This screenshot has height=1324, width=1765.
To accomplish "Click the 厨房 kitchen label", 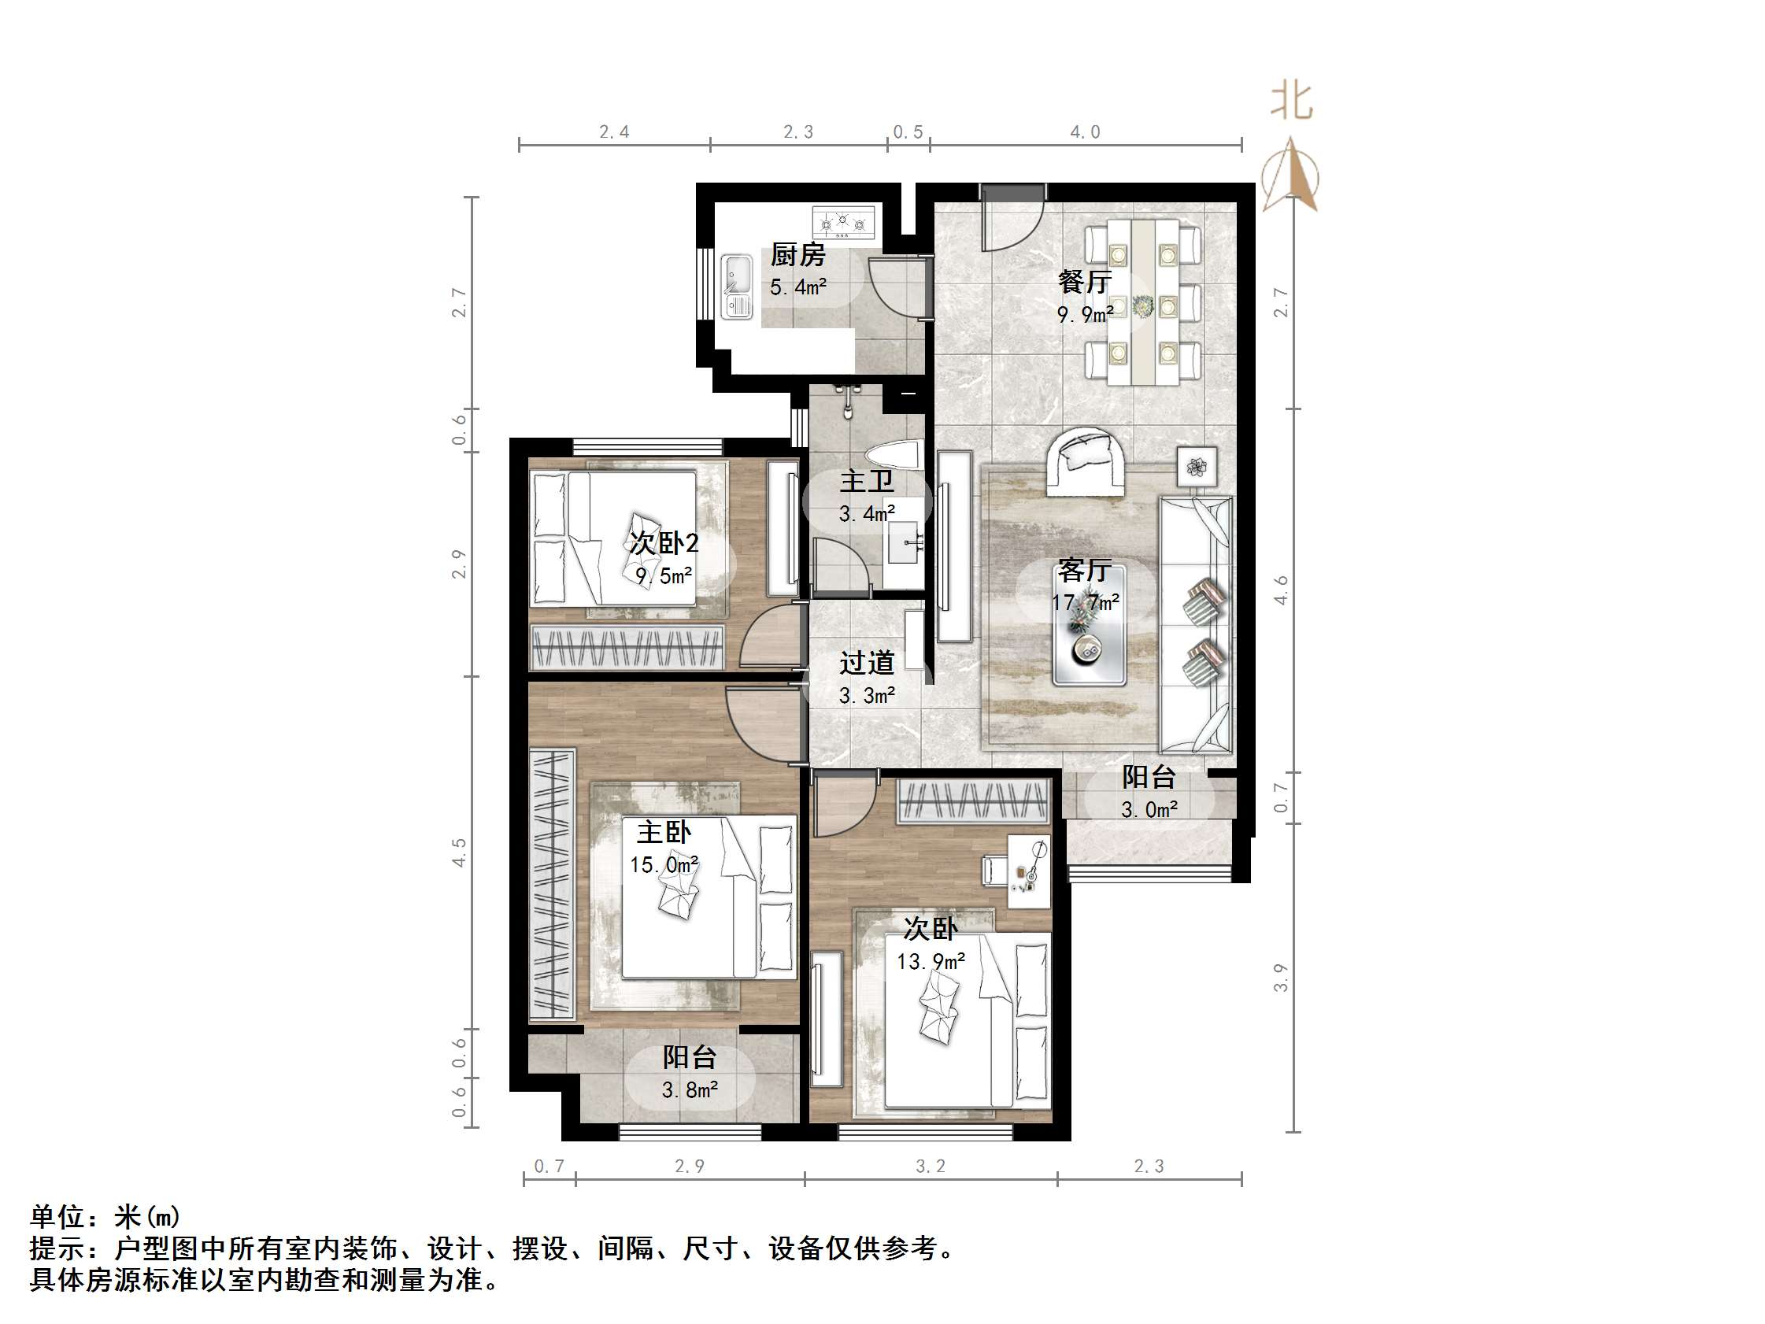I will coord(797,255).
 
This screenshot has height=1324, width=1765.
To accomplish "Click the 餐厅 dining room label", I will coord(1084,282).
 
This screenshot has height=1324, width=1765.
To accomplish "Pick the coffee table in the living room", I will coord(1090,626).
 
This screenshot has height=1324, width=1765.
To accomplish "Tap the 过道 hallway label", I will coord(867,663).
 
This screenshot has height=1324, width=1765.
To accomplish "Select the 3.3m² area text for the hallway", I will coord(867,696).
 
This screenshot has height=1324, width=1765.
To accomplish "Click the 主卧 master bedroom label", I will coord(663,832).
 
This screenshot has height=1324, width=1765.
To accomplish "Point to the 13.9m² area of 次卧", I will coord(931,962).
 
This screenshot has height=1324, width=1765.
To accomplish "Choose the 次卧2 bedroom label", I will coord(664,543).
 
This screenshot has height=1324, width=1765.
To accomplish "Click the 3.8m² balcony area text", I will coord(690,1090).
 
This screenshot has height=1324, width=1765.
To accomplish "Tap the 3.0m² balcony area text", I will coord(1149,810).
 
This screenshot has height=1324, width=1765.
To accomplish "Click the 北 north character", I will coord(1291,102).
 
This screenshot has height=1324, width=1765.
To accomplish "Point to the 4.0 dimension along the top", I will coord(1084,132).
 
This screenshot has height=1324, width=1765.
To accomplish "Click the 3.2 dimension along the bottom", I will coord(931,1167).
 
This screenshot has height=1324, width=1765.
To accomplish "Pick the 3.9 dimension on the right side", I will coord(1281,978).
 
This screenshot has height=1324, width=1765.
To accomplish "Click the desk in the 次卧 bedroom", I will coord(1029,871).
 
